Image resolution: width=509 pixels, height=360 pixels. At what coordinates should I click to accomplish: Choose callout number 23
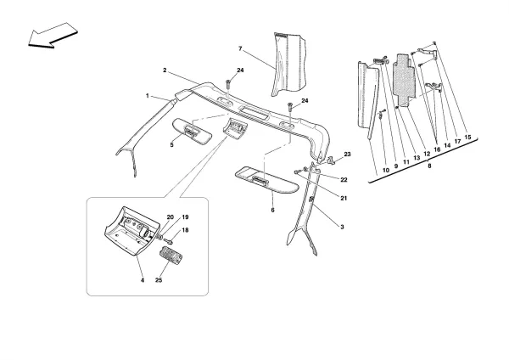coord(347,155)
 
